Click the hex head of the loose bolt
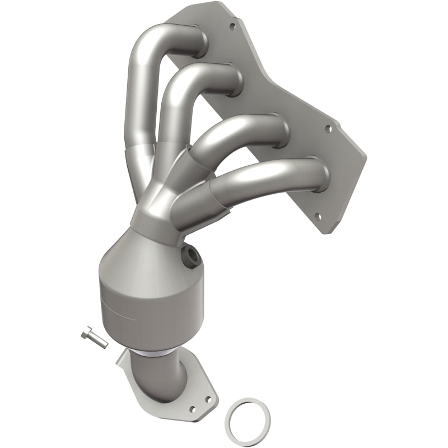pyautogui.click(x=85, y=334)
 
